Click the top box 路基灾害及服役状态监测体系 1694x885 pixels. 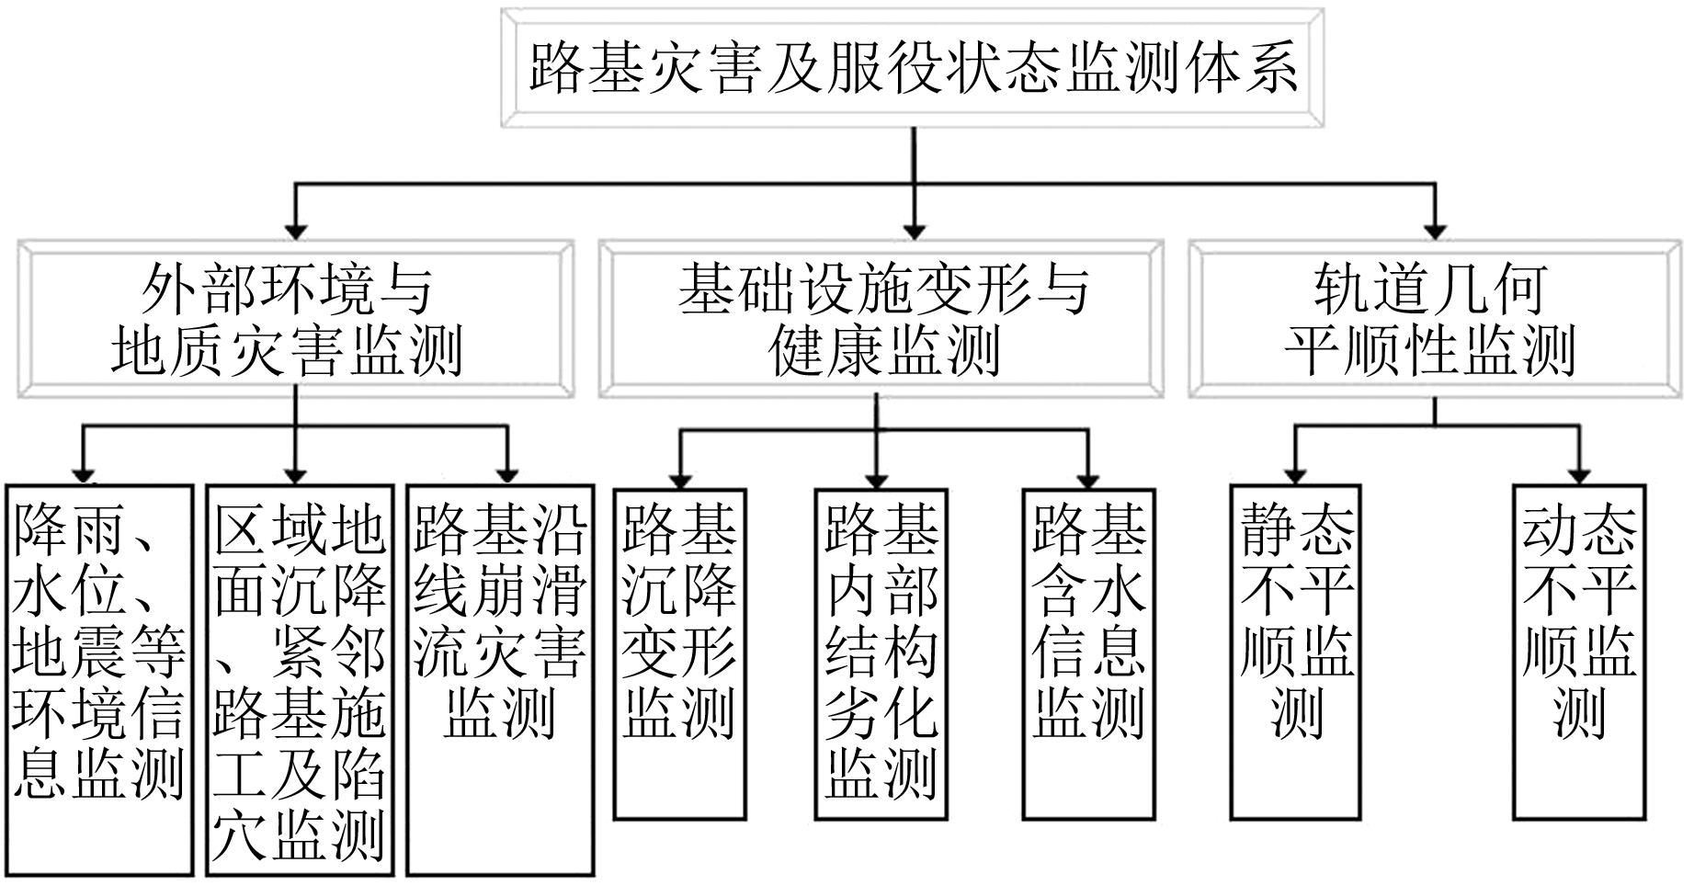pos(912,67)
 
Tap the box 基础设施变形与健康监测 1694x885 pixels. pos(881,319)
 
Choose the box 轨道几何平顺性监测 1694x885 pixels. pos(1434,319)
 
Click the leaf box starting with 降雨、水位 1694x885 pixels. pos(99,680)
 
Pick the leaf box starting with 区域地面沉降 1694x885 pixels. pos(300,680)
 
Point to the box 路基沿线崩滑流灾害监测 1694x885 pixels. pos(500,680)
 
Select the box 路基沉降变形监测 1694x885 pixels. pos(679,652)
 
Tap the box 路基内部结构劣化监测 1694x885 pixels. pos(881,652)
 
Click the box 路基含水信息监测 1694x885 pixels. pos(1088,652)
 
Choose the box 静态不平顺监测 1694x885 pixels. pos(1295,652)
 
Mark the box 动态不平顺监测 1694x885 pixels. pos(1578,652)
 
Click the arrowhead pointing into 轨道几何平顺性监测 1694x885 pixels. pos(1435,231)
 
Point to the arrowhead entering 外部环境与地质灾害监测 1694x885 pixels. pos(295,231)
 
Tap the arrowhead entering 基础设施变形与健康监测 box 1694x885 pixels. pos(913,231)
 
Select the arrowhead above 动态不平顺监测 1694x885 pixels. pos(1579,476)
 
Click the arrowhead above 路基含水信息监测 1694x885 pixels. pos(1088,478)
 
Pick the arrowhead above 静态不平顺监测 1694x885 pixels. pos(1295,476)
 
